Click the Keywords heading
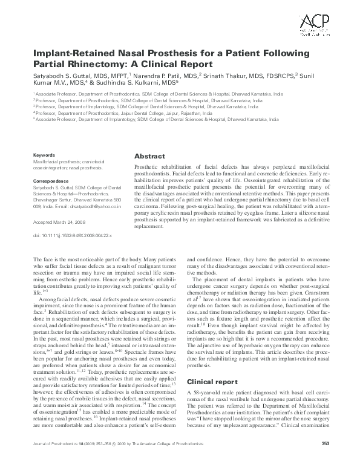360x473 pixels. pos(44,155)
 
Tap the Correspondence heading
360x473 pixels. pos(51,180)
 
